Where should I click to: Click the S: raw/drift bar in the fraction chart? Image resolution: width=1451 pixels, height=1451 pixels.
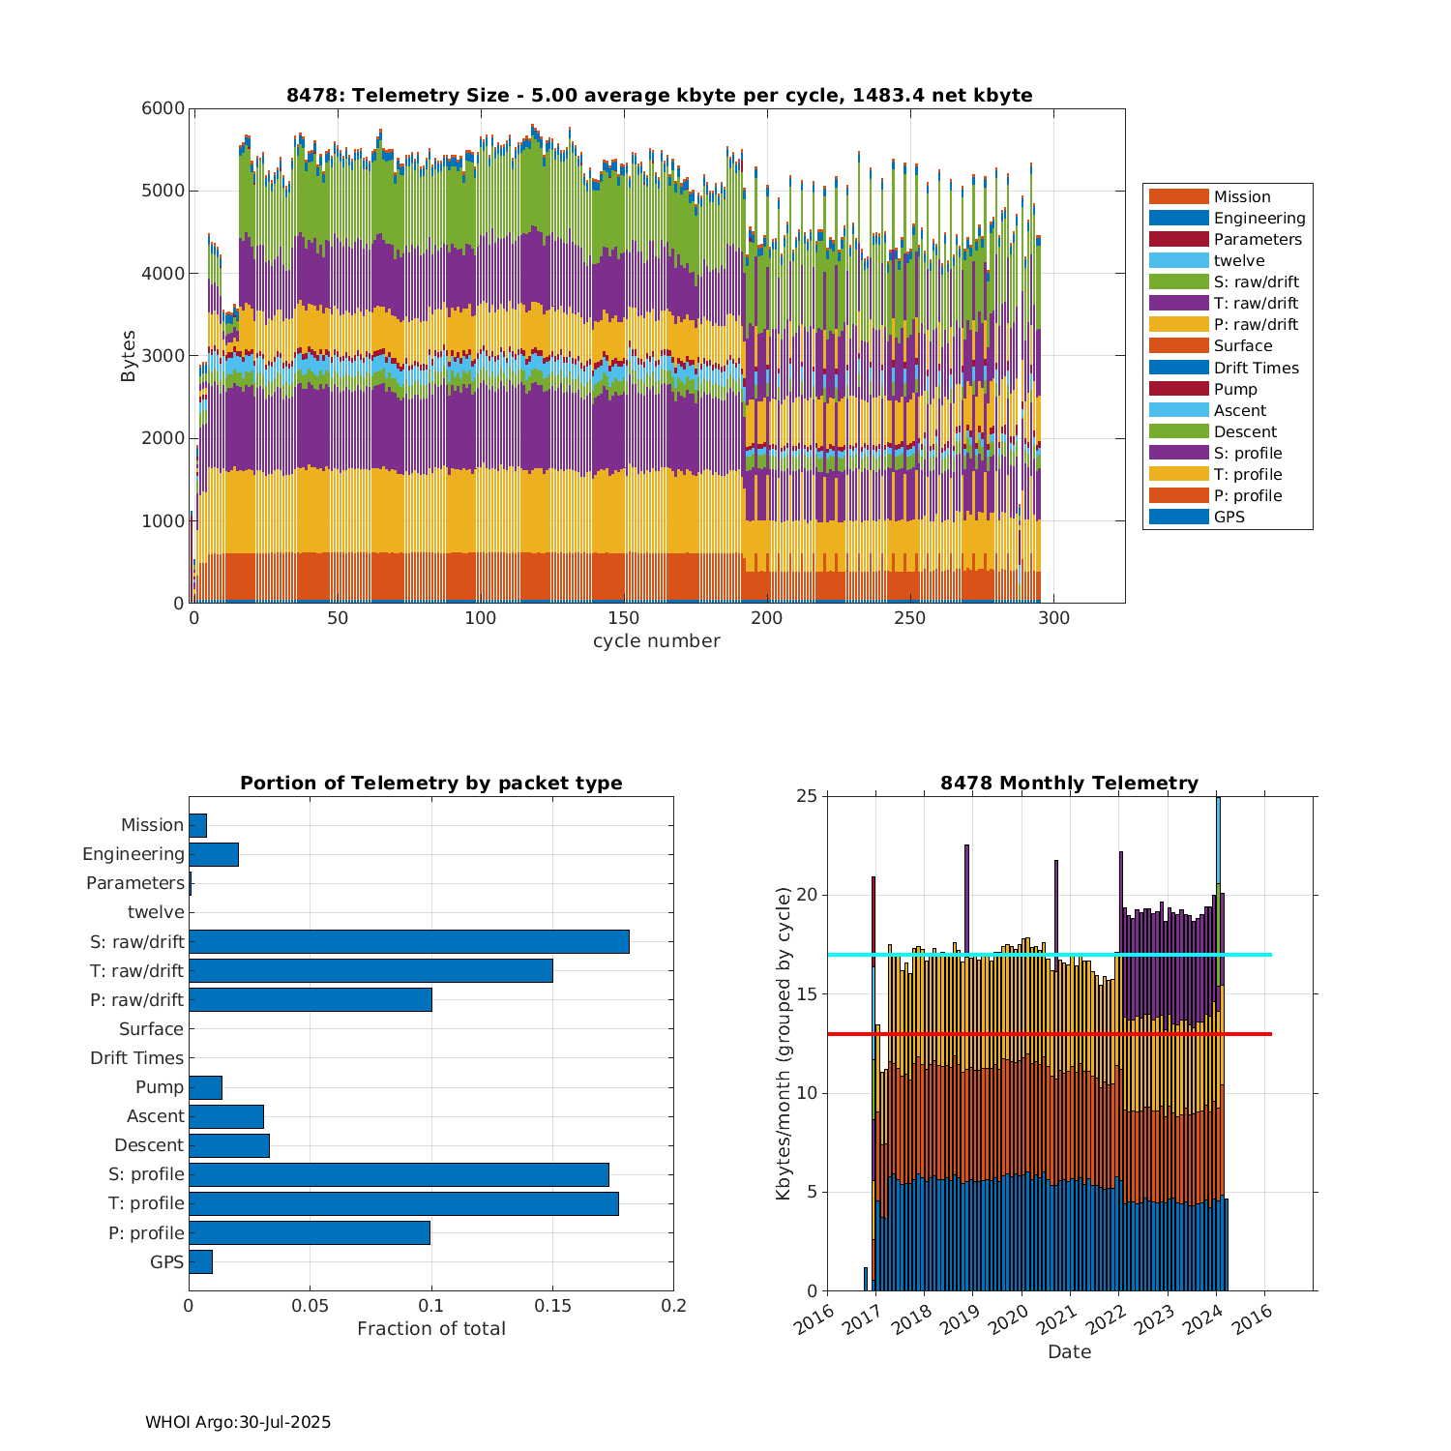[408, 941]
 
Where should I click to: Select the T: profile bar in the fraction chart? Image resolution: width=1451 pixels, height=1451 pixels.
[403, 1203]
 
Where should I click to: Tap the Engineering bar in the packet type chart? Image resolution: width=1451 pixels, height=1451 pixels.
[214, 854]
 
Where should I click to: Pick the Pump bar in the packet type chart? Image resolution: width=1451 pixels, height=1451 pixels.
[205, 1087]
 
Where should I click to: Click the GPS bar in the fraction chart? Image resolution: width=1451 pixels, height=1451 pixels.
[200, 1261]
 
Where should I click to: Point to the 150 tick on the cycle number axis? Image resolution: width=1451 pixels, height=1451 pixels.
[624, 618]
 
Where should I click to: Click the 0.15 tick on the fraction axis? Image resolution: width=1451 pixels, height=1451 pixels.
[552, 1306]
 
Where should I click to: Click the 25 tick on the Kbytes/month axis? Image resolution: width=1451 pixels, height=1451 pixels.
[807, 796]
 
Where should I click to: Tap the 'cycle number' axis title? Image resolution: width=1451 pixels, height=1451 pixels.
[656, 641]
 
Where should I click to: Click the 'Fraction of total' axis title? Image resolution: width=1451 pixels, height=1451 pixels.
[430, 1329]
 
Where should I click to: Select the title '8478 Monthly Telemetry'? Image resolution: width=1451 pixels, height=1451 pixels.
[1069, 784]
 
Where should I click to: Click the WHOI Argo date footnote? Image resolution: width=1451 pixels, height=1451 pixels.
[238, 1422]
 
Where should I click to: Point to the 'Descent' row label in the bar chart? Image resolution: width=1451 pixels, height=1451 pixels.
[149, 1145]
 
